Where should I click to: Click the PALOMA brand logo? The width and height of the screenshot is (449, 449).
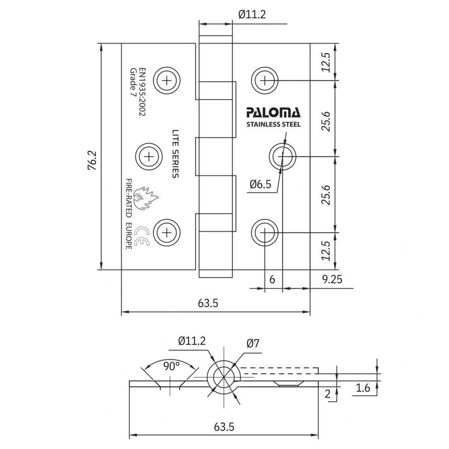click(273, 113)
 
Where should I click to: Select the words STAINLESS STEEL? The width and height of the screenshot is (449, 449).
click(273, 125)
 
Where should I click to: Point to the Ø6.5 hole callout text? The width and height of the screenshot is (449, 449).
click(260, 184)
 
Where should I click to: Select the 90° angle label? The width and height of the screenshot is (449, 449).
click(171, 366)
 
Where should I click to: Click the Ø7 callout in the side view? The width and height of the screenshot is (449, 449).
click(253, 343)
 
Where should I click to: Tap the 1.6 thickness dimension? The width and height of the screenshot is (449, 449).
click(363, 388)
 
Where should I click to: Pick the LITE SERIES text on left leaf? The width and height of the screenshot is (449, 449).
click(175, 154)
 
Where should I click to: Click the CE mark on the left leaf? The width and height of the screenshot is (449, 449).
click(142, 235)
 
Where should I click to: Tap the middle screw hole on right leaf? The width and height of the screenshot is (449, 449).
click(282, 156)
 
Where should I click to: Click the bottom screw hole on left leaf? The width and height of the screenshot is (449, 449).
click(167, 233)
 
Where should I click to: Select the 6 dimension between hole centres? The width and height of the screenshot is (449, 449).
click(272, 280)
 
